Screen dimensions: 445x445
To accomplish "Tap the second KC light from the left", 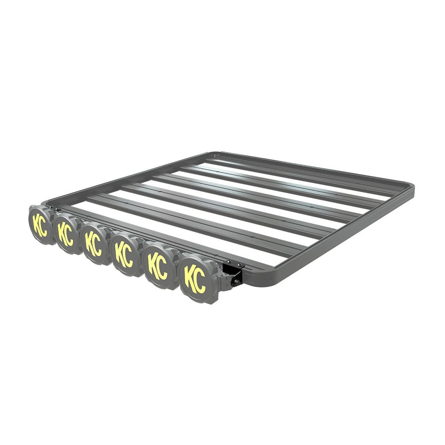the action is point(66,233).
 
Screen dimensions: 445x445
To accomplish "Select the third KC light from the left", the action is point(94,244).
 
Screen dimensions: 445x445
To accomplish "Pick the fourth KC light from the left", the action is point(125,255).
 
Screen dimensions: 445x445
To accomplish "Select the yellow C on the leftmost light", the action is point(43,226).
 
